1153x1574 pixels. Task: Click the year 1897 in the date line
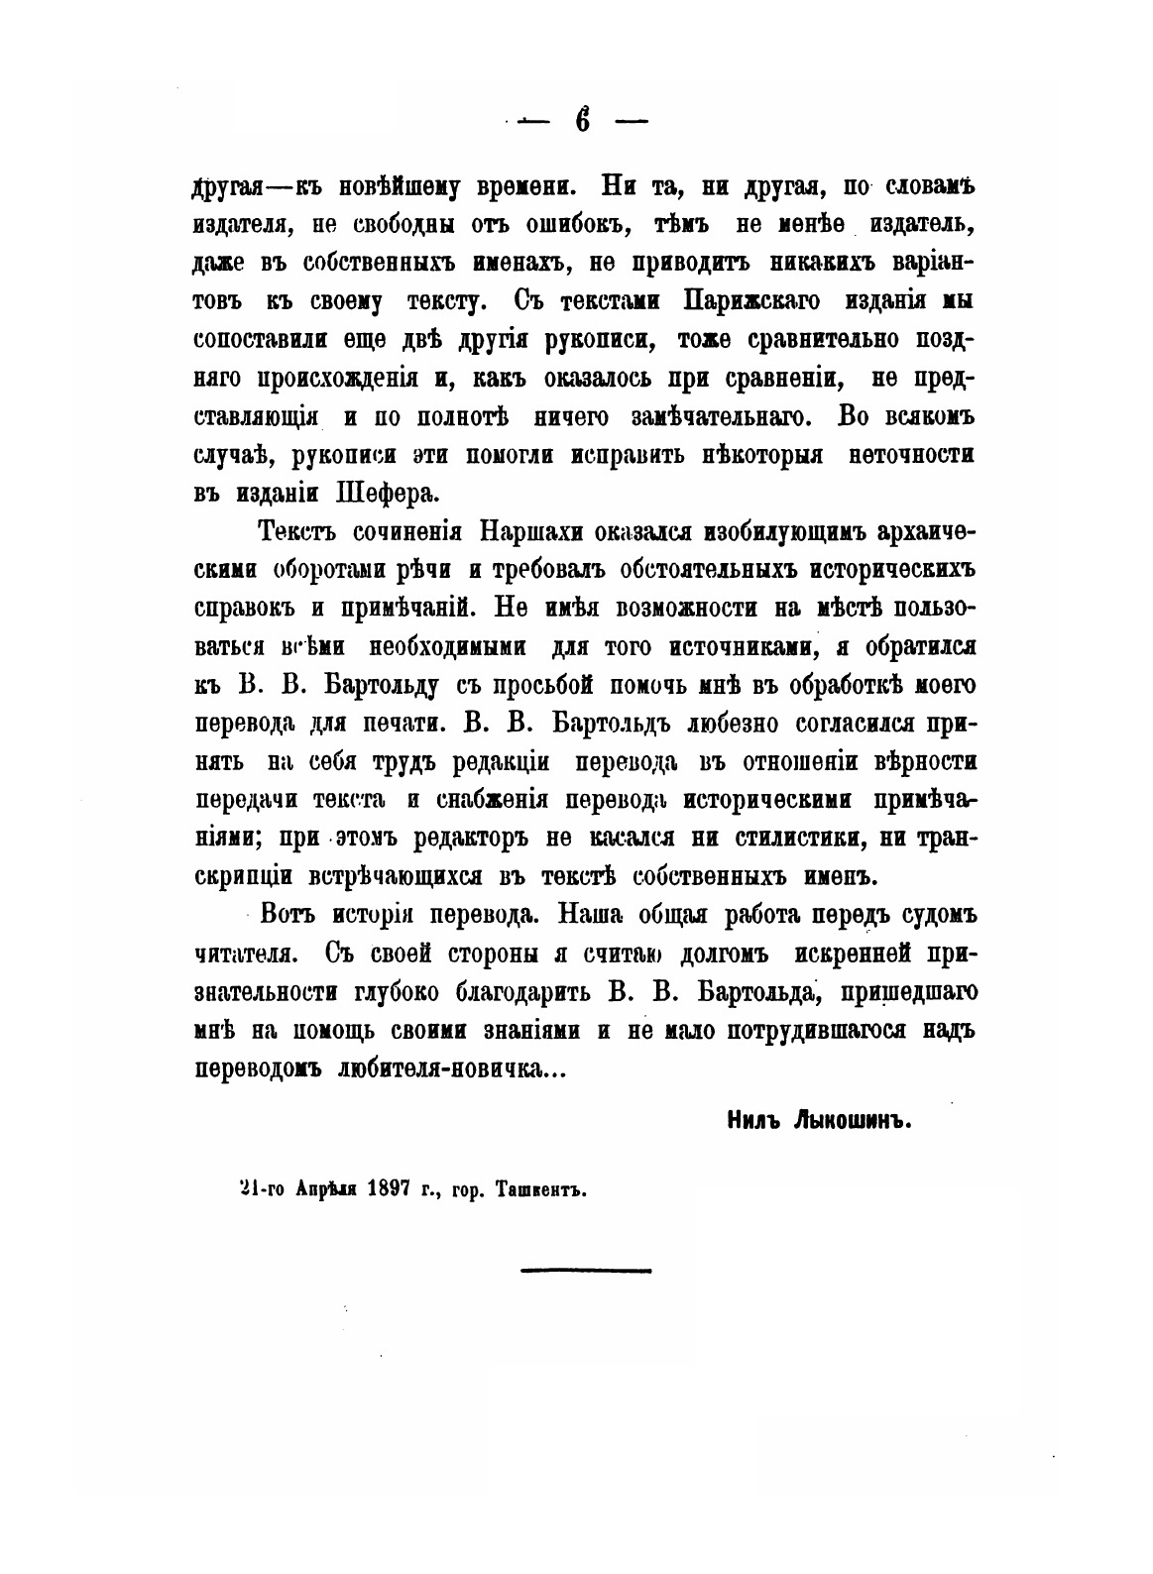pos(389,1190)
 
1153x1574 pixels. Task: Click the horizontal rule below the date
pos(586,1270)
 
